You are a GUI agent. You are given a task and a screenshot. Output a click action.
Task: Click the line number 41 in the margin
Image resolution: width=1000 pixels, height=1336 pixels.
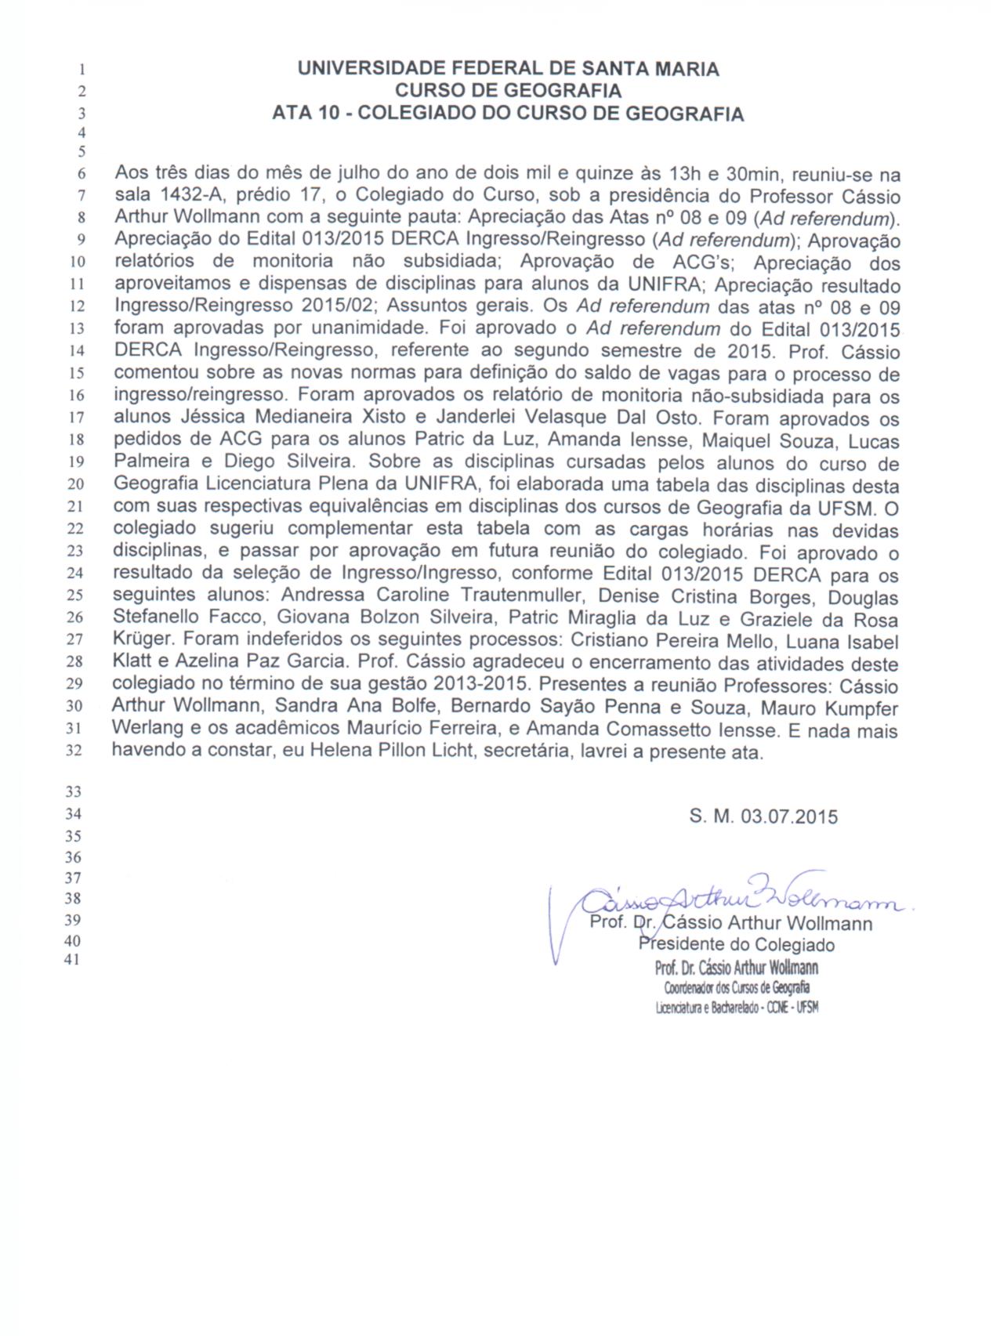pyautogui.click(x=72, y=960)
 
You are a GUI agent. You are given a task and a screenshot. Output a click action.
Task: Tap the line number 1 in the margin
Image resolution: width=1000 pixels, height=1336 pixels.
pyautogui.click(x=82, y=69)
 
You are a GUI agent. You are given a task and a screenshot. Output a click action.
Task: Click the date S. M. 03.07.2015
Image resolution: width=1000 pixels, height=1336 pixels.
pyautogui.click(x=763, y=816)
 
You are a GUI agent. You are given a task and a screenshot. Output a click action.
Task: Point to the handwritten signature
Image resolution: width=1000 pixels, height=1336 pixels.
pyautogui.click(x=737, y=898)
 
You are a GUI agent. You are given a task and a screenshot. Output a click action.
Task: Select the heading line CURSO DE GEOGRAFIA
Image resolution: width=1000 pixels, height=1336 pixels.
pyautogui.click(x=508, y=91)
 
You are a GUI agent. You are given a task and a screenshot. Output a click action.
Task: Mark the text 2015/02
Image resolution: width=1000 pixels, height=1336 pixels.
pyautogui.click(x=342, y=306)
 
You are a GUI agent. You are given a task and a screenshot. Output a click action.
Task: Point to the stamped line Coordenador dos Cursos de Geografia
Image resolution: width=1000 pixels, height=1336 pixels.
pyautogui.click(x=737, y=987)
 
